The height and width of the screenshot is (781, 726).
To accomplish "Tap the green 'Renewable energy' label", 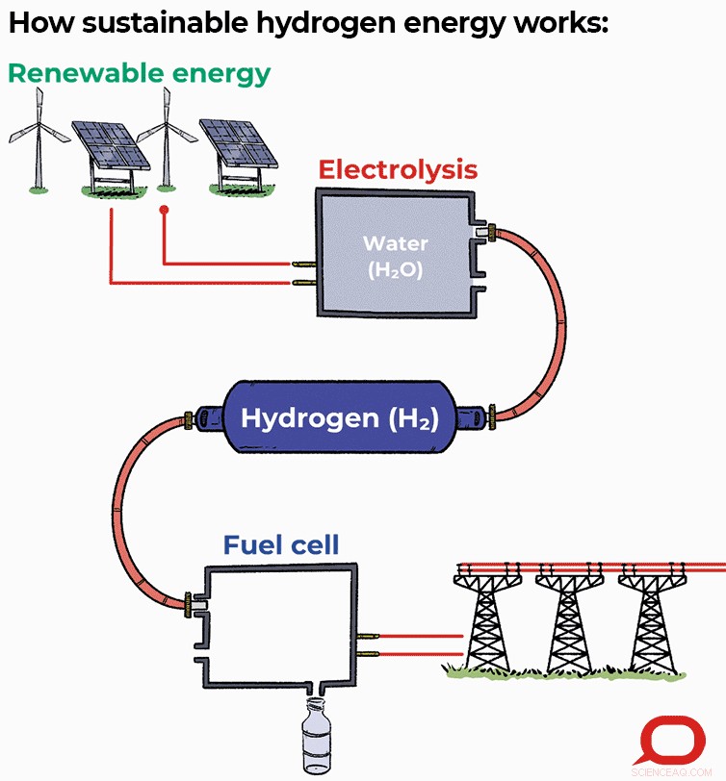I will click(x=139, y=73).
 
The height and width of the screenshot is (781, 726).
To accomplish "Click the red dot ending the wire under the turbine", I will click(x=164, y=210).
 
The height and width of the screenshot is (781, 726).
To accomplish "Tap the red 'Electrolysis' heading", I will click(x=397, y=170).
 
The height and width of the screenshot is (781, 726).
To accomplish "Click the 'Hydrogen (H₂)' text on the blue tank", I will click(x=339, y=419).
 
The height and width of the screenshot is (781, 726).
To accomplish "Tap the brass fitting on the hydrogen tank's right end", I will click(x=492, y=416).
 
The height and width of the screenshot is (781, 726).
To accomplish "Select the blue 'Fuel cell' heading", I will click(x=280, y=545).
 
